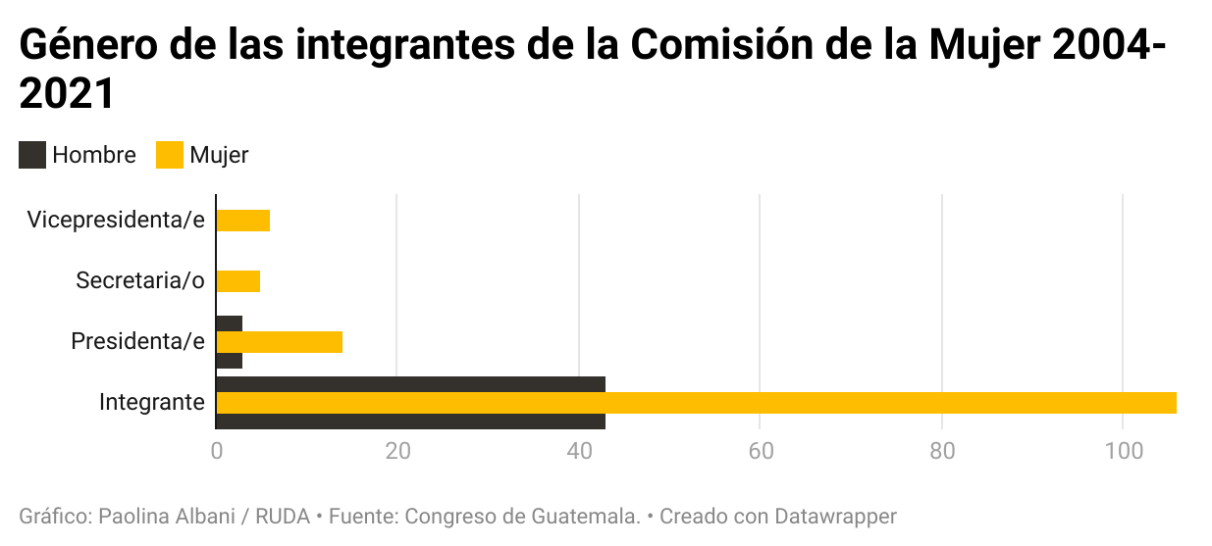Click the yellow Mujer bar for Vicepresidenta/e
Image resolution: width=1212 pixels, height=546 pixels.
[x=242, y=221]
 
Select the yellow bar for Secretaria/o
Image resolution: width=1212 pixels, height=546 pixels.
[x=237, y=281]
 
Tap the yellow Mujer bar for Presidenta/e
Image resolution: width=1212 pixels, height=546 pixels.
[x=279, y=342]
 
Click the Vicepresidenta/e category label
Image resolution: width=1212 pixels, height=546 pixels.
[x=116, y=220]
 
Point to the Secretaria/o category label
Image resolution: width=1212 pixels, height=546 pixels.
[x=140, y=281]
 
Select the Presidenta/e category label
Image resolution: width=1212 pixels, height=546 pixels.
[x=137, y=342]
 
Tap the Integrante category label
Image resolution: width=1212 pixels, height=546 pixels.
[x=151, y=403]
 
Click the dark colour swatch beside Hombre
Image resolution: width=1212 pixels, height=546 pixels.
[x=32, y=155]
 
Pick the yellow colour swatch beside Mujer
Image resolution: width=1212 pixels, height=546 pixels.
[x=170, y=155]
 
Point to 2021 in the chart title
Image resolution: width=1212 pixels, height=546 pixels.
[x=68, y=95]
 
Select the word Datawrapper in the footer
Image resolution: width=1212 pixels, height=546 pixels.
[x=835, y=516]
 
